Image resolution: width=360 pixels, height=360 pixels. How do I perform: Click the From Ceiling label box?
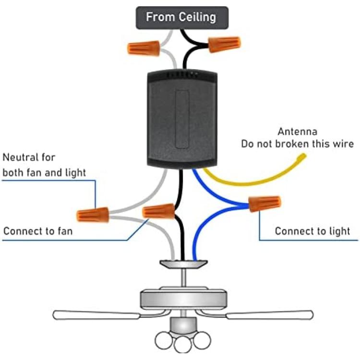pyautogui.click(x=182, y=18)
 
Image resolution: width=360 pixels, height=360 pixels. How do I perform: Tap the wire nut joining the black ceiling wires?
pyautogui.click(x=224, y=44)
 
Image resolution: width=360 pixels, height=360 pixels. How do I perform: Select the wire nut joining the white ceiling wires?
pyautogui.click(x=144, y=48)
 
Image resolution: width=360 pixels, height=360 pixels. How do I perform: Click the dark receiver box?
pyautogui.click(x=182, y=119)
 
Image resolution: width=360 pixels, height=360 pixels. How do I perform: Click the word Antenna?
pyautogui.click(x=297, y=132)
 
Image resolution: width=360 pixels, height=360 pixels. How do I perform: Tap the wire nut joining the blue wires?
pyautogui.click(x=264, y=204)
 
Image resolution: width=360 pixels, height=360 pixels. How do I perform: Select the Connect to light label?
pyautogui.click(x=312, y=231)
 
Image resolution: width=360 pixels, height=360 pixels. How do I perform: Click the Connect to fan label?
pyautogui.click(x=38, y=231)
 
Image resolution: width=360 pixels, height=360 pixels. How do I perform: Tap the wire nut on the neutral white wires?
pyautogui.click(x=93, y=215)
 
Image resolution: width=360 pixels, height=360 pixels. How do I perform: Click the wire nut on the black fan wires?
pyautogui.click(x=159, y=211)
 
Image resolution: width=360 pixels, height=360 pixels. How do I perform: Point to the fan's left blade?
pyautogui.click(x=96, y=314)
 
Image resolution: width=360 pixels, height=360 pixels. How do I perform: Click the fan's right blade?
pyautogui.click(x=270, y=315)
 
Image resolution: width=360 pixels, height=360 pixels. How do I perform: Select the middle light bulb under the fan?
pyautogui.click(x=183, y=344)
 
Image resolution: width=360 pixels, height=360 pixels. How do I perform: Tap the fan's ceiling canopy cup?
pyautogui.click(x=184, y=264)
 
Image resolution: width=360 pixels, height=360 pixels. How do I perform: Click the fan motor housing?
pyautogui.click(x=183, y=298)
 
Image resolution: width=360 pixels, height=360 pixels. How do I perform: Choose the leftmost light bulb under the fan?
pyautogui.click(x=164, y=340)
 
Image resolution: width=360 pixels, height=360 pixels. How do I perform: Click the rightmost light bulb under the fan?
pyautogui.click(x=202, y=340)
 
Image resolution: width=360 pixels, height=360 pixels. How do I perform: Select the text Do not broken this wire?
pyautogui.click(x=297, y=144)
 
